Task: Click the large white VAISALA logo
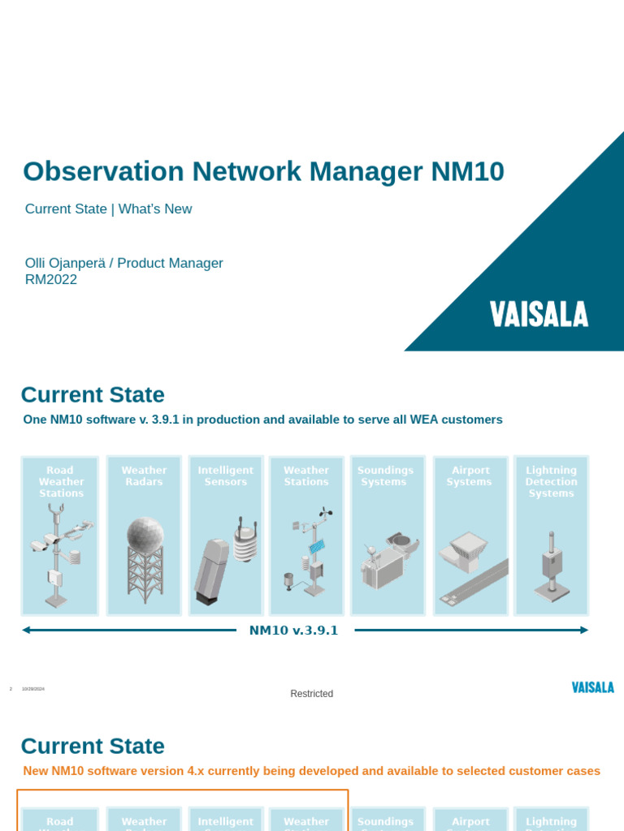tap(539, 314)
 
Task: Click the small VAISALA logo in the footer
tap(592, 687)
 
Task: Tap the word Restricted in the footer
tap(312, 694)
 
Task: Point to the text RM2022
tap(51, 280)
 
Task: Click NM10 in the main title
tap(467, 172)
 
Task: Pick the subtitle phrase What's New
tap(155, 209)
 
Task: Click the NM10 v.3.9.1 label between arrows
tap(293, 631)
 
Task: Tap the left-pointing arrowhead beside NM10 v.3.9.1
tap(27, 630)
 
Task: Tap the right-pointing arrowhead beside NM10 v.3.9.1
tap(583, 630)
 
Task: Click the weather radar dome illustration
tap(145, 536)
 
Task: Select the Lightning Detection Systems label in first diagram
tap(551, 482)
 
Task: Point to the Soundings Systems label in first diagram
tap(385, 476)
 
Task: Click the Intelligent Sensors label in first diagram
tap(226, 476)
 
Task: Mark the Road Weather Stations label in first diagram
tap(61, 482)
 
